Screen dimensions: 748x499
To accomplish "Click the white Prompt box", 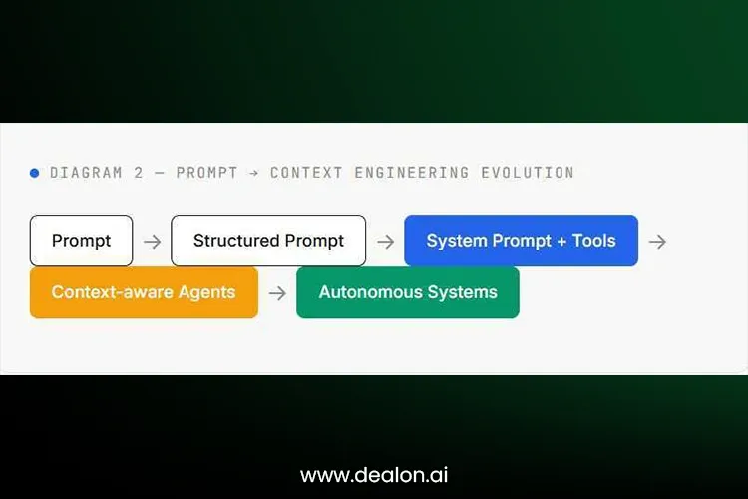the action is coord(81,241).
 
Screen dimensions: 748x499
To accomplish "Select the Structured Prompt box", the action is coord(268,241).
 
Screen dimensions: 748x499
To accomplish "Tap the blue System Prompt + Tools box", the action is coord(521,241).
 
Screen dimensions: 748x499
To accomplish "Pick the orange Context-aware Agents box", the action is coord(144,292).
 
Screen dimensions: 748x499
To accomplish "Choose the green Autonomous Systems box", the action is coord(408,292).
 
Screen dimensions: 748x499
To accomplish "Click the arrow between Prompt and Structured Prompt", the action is coord(153,242).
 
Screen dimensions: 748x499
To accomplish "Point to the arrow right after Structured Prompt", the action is coord(385,242).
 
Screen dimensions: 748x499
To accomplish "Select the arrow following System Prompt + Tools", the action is coord(657,242).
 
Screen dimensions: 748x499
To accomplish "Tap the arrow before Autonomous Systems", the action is coord(277,293).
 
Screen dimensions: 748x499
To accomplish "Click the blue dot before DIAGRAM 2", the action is coord(34,173).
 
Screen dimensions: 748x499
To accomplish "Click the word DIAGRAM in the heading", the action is coord(86,173).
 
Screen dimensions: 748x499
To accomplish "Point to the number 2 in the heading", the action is coord(139,173).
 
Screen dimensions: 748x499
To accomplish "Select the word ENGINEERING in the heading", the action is coord(412,173).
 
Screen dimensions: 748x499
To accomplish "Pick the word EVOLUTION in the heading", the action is coord(528,173).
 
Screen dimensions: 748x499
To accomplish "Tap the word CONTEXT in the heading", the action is coord(306,173).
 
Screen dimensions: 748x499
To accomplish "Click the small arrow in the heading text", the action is coord(253,173).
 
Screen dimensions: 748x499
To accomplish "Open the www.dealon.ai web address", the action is coord(374,475).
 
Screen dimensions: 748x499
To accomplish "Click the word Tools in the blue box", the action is coord(594,241).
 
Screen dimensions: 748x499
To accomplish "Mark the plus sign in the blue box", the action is coord(561,242).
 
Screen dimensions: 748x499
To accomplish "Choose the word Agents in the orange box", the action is coord(206,292).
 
